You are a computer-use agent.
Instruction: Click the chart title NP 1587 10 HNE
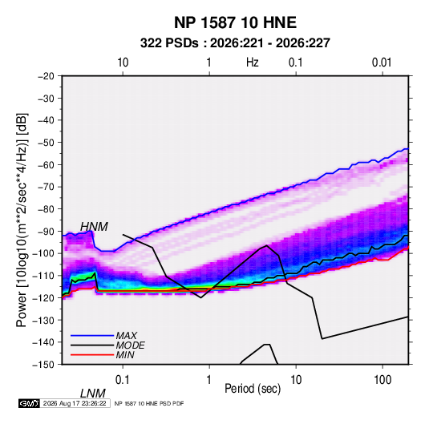[235, 22]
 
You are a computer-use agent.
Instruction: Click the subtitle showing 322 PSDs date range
[235, 43]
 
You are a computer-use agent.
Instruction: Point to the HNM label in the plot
[94, 227]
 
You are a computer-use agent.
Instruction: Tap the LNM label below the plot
[93, 394]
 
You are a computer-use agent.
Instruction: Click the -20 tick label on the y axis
[46, 76]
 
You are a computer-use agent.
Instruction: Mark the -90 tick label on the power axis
[46, 231]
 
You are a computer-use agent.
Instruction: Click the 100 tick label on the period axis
[382, 380]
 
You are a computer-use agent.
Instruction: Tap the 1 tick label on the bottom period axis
[209, 380]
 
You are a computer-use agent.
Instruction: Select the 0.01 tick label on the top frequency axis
[382, 63]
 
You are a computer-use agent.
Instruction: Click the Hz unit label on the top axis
[253, 63]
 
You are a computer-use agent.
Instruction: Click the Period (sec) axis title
[253, 389]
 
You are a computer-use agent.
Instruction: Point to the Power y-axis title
[22, 220]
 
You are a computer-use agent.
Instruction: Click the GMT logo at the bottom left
[30, 403]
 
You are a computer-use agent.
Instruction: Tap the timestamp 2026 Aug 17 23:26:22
[75, 403]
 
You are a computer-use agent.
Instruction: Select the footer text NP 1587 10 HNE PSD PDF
[149, 403]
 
